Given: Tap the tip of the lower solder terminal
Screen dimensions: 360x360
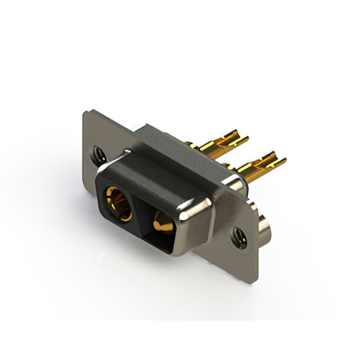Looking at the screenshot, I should tap(282, 160).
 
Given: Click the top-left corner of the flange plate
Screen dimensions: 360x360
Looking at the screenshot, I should tap(85, 112).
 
